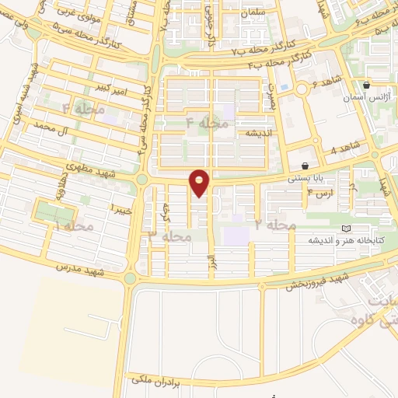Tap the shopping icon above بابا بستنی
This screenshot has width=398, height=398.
pyautogui.click(x=304, y=166)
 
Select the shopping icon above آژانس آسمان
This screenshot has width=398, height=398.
pyautogui.click(x=366, y=86)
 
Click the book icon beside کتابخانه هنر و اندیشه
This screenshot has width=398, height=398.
pyautogui.click(x=345, y=228)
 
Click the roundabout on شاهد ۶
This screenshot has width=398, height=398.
pyautogui.click(x=302, y=89)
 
